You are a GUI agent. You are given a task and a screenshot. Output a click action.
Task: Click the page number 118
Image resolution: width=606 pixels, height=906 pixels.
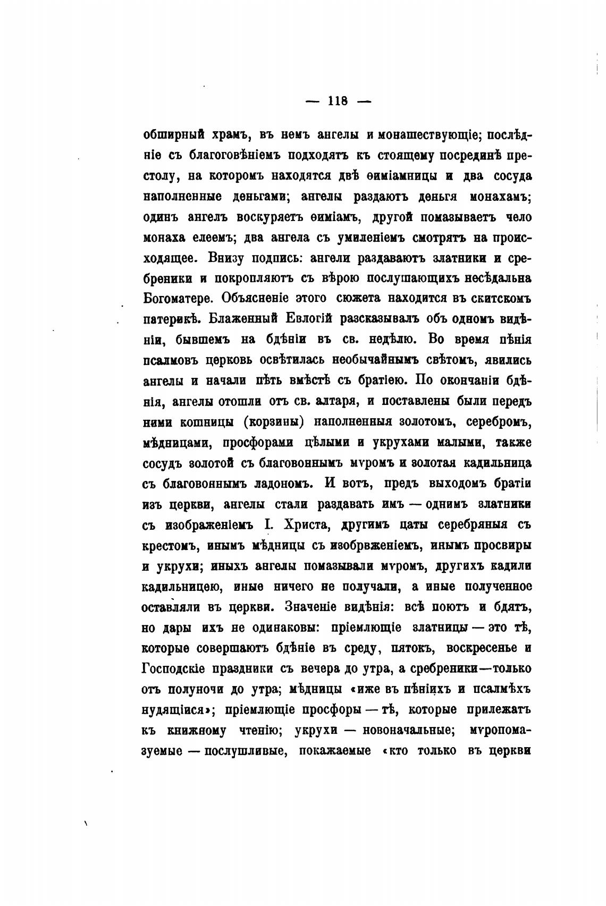338,101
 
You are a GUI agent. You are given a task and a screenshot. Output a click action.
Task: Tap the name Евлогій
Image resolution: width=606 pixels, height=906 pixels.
309,319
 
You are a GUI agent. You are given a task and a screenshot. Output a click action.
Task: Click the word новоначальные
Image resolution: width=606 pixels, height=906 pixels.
408,730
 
